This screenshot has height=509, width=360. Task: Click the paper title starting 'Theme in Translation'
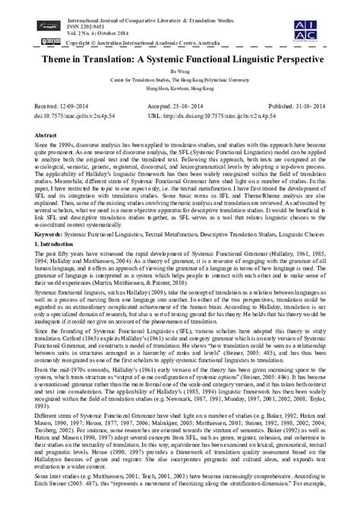click(x=180, y=58)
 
